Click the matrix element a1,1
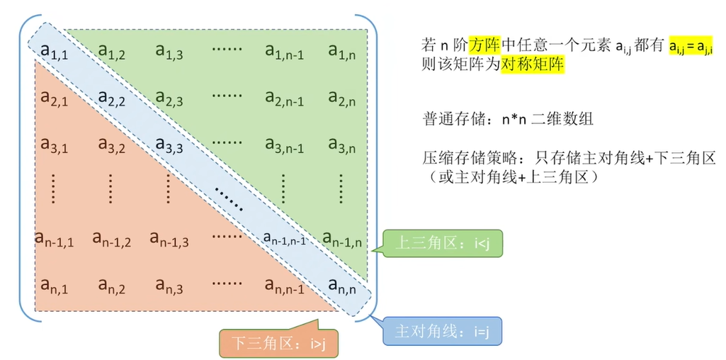click(x=54, y=52)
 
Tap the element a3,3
click(x=169, y=145)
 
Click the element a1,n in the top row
click(x=341, y=52)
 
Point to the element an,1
click(x=54, y=286)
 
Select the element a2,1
click(x=54, y=99)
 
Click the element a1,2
click(x=111, y=52)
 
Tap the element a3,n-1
click(x=284, y=145)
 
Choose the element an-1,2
click(x=111, y=240)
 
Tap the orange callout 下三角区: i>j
click(x=278, y=343)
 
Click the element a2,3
click(x=169, y=98)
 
